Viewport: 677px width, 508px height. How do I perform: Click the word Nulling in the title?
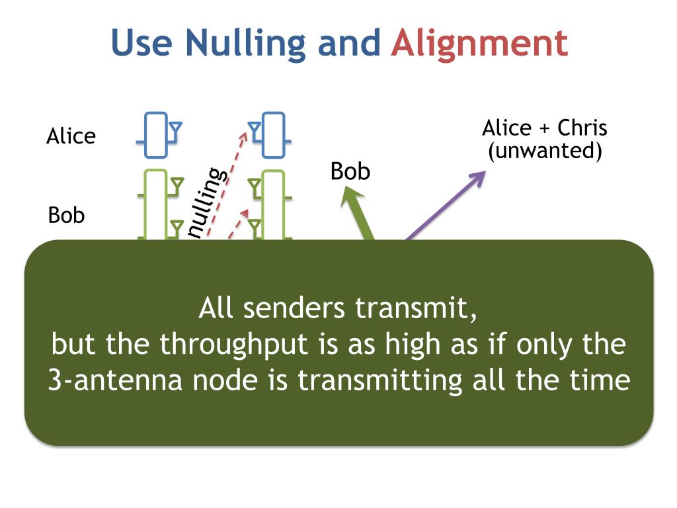[245, 44]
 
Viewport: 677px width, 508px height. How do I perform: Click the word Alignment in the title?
[479, 44]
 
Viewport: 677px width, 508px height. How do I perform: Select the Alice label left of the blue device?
[71, 136]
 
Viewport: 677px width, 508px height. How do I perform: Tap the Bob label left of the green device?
[67, 216]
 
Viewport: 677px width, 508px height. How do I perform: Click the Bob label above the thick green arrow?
[350, 172]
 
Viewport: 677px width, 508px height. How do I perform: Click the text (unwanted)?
[545, 151]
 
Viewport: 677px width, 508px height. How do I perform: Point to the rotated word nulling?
[206, 201]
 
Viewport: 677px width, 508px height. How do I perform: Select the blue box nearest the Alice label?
[157, 136]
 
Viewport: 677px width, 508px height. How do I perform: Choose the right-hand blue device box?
[272, 136]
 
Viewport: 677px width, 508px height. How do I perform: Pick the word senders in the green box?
[296, 309]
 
